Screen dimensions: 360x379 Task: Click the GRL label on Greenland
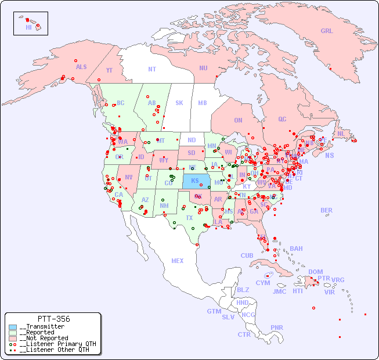coord(327,31)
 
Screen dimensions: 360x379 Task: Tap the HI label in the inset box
coord(28,27)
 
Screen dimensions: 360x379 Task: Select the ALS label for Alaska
coord(81,67)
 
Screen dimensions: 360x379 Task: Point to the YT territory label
coord(109,70)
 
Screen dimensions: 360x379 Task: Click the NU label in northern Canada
coord(203,68)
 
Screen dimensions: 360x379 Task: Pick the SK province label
coord(179,103)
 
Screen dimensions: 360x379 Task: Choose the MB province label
coord(202,103)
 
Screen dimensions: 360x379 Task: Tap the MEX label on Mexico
coord(178,261)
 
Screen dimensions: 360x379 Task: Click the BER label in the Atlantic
coord(326,210)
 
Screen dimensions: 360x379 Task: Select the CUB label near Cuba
coord(247,255)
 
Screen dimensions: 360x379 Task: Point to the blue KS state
coord(195,181)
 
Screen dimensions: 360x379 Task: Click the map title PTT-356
coord(53,319)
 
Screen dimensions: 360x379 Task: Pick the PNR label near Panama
coord(277,327)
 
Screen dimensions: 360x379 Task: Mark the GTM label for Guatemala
coord(214,311)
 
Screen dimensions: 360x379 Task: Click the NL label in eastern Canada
coord(341,133)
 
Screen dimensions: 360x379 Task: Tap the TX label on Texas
coord(189,218)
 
